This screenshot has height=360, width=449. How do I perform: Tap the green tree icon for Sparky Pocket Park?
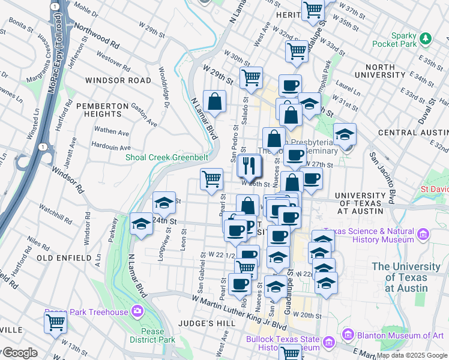point(426,38)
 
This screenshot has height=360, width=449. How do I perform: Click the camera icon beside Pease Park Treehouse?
point(137,311)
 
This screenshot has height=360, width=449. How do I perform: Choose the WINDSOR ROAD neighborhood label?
point(118,80)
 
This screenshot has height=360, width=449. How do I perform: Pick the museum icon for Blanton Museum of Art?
point(347,334)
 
